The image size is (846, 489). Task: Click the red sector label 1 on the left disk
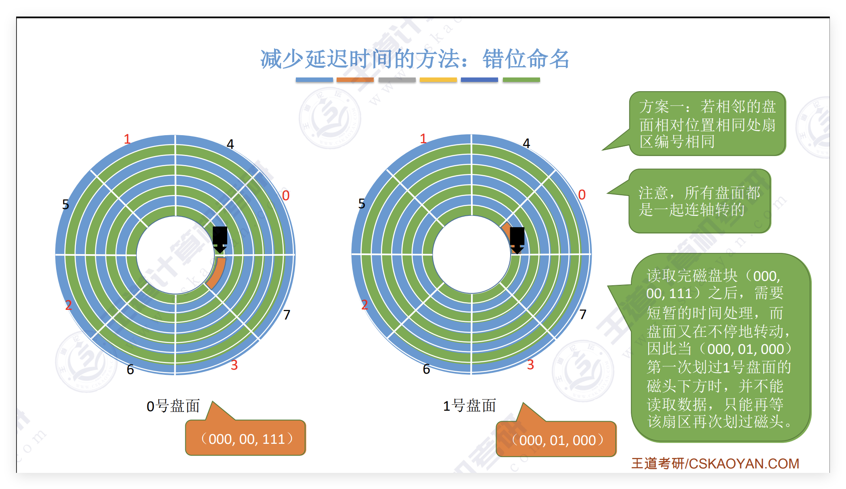(127, 139)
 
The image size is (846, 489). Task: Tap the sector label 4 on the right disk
(526, 144)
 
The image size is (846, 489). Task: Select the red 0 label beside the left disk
(286, 196)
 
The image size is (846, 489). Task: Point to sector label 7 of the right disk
(583, 314)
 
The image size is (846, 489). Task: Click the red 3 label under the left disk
(234, 365)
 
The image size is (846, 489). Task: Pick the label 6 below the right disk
(426, 369)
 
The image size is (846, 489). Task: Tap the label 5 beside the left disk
(65, 205)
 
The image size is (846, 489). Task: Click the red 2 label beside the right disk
(364, 305)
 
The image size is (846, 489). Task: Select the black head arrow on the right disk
(517, 240)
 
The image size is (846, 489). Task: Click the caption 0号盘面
(173, 406)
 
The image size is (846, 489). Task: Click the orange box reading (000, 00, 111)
(246, 439)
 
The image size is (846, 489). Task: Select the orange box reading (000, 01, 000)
(557, 440)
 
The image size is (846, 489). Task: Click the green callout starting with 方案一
(707, 124)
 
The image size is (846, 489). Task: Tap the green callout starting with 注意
(699, 201)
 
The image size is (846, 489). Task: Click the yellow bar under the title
(438, 80)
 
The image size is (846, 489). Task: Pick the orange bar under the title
(355, 80)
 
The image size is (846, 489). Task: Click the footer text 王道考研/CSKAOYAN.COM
(715, 464)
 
